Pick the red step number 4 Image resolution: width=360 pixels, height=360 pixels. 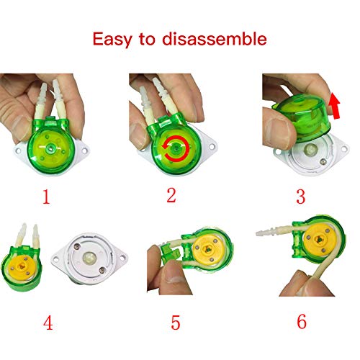click(x=48, y=322)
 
